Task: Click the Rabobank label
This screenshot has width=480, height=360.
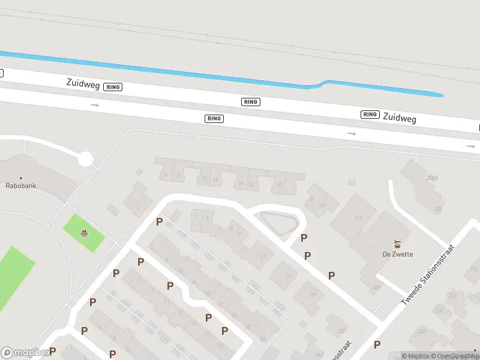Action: point(21,186)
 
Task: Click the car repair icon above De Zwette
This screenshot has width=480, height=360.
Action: point(397,244)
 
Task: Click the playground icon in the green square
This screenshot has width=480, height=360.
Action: point(85,233)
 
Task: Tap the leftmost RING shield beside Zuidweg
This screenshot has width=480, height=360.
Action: point(113,87)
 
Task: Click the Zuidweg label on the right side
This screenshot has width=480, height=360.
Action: point(399,118)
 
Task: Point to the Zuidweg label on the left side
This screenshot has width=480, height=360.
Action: point(83,83)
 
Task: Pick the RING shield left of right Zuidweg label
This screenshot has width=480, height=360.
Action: point(370,114)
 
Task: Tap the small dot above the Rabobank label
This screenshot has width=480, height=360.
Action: point(21,178)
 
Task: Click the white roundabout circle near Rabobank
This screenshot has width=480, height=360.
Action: point(85,159)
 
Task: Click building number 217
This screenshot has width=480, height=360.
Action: point(359,218)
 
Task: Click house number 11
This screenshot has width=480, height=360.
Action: point(262,257)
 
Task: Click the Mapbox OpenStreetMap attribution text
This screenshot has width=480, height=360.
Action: point(440,356)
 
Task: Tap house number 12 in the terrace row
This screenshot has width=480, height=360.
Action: point(215,179)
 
